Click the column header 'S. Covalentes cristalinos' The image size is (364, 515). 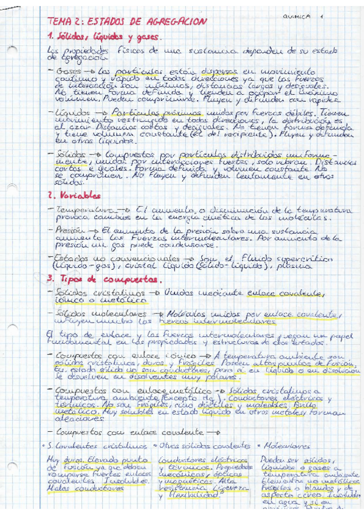97,445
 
